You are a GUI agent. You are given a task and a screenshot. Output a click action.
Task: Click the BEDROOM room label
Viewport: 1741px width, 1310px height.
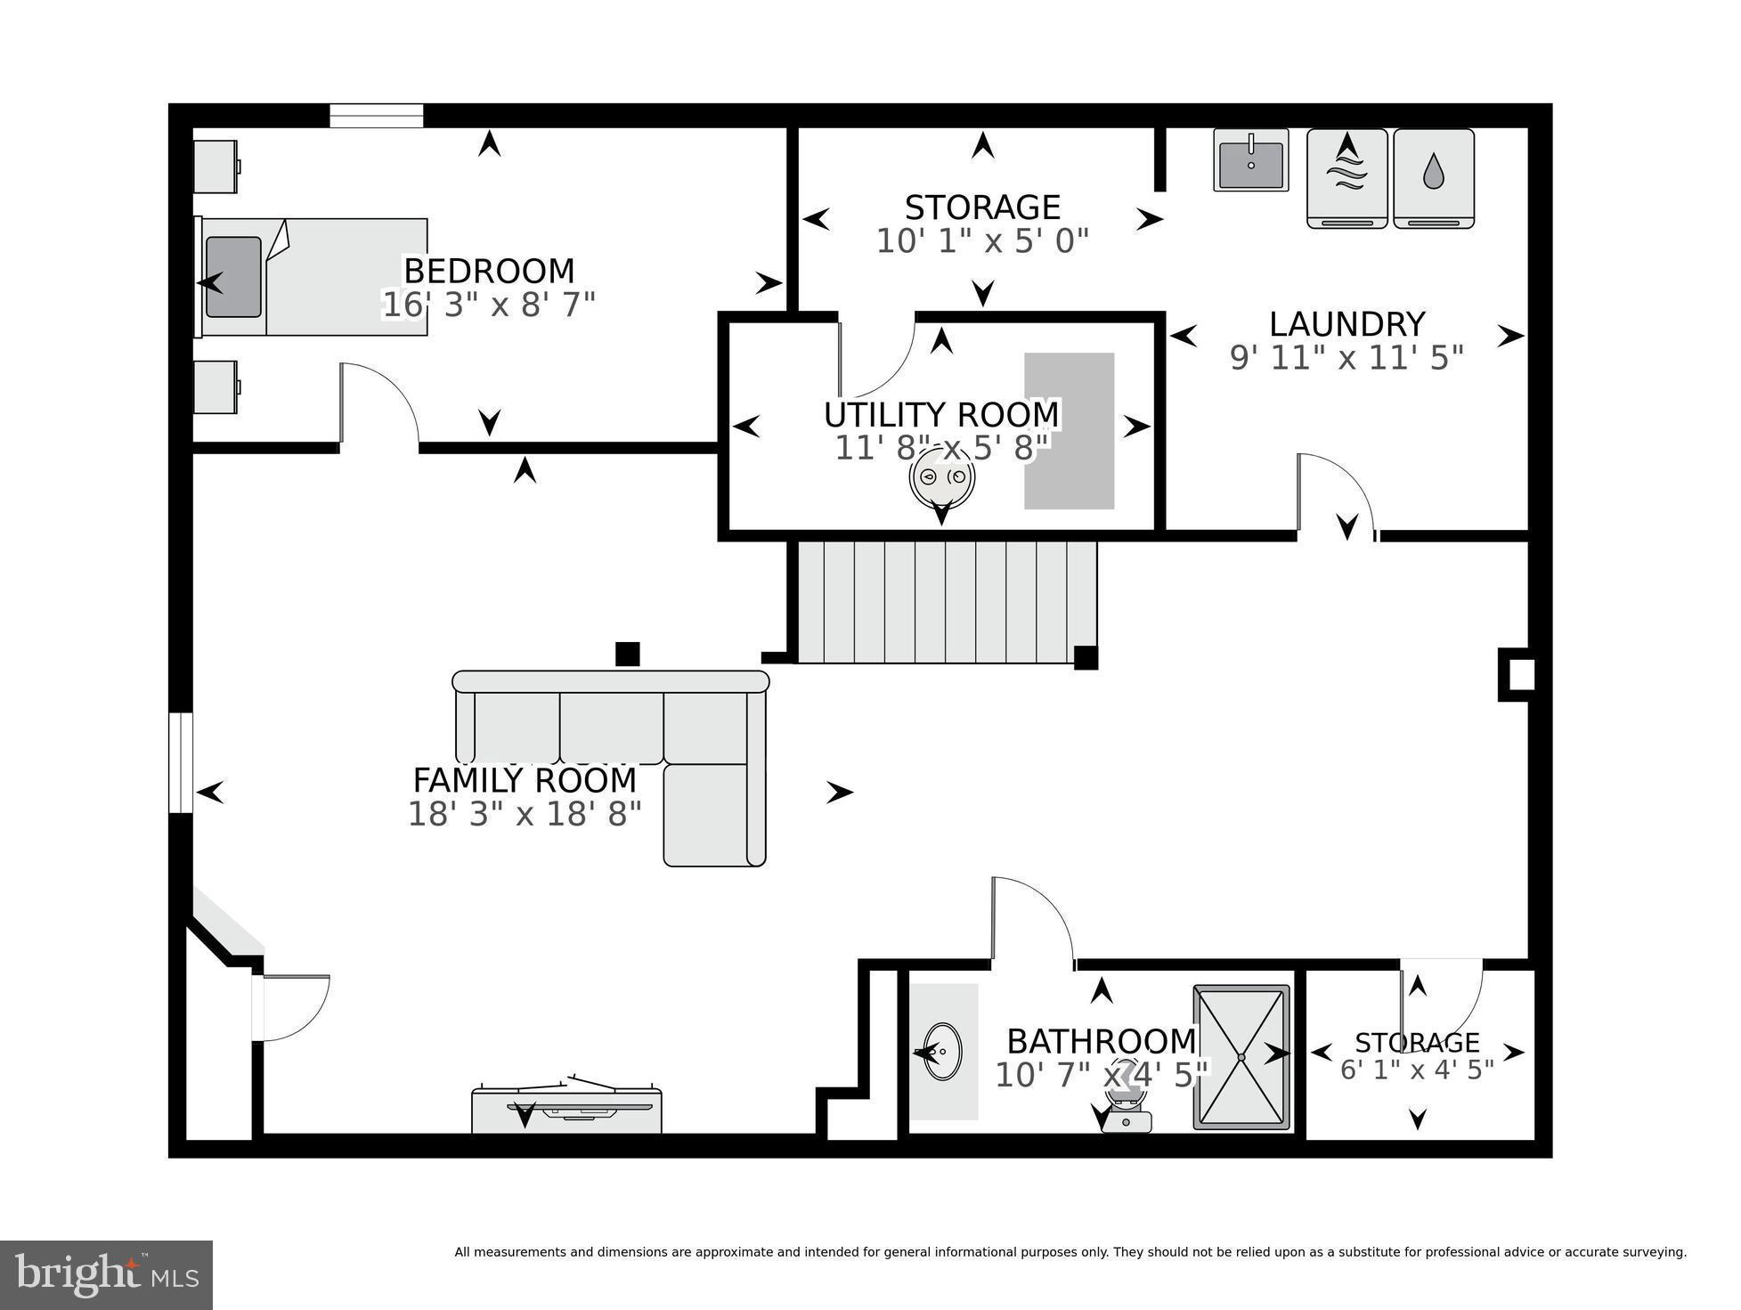tap(489, 271)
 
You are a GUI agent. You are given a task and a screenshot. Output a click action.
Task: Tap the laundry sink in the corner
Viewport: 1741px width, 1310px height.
tap(1250, 160)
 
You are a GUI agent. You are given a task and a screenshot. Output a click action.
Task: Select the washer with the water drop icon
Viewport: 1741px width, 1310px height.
tap(1433, 178)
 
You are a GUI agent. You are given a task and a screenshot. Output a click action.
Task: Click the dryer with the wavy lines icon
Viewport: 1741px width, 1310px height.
tap(1346, 178)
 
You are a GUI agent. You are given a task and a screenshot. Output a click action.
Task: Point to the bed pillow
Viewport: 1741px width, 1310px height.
tap(233, 277)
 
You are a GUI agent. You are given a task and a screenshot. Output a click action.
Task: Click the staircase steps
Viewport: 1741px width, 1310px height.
tap(946, 602)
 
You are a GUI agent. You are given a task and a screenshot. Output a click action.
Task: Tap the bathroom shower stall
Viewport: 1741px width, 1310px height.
tap(1241, 1057)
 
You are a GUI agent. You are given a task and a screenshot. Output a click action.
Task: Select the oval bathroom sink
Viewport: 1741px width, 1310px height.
tap(941, 1052)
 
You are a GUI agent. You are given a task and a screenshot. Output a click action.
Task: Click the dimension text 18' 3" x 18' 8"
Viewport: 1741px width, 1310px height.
tap(525, 814)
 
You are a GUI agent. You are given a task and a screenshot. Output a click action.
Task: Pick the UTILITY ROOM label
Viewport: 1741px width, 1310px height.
tap(941, 415)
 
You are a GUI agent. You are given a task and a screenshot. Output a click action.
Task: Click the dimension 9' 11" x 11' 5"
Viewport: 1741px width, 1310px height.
tap(1346, 358)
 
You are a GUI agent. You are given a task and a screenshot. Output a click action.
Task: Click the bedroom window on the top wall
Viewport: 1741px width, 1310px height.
tap(376, 116)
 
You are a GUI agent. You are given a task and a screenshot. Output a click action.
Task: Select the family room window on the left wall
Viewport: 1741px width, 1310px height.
tap(181, 762)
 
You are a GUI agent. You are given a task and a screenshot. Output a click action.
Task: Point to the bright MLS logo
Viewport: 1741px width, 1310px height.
tap(107, 1275)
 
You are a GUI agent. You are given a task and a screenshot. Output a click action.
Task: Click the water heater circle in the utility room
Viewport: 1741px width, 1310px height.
tap(941, 477)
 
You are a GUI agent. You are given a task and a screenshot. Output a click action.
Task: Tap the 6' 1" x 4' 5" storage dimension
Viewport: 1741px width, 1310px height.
tap(1417, 1070)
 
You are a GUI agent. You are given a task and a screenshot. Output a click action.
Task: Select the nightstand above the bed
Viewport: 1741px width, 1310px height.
tap(216, 167)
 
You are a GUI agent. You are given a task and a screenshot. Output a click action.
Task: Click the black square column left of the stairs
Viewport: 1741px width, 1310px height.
tap(628, 654)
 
